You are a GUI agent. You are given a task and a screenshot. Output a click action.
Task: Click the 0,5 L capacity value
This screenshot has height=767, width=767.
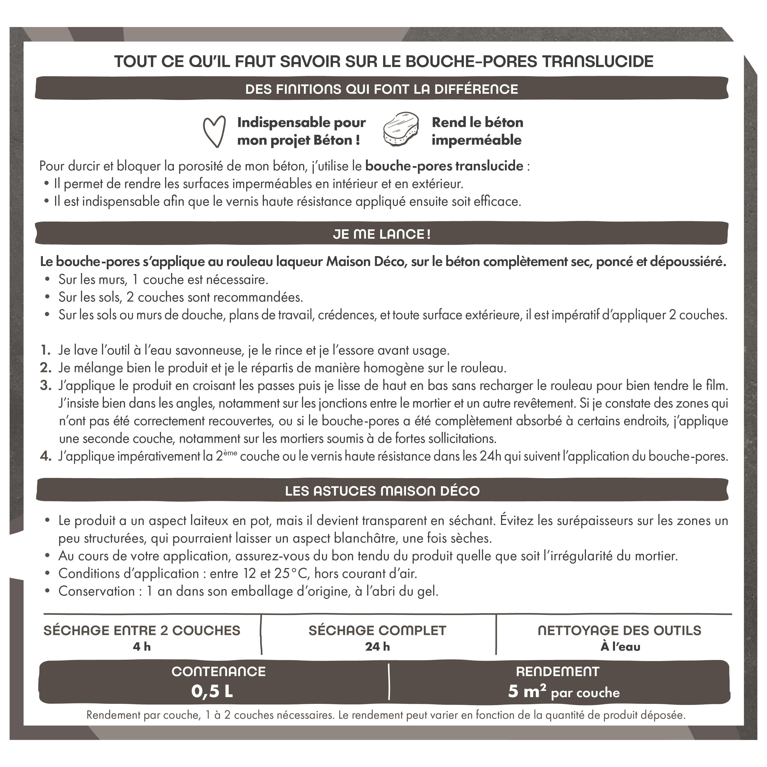tap(212, 691)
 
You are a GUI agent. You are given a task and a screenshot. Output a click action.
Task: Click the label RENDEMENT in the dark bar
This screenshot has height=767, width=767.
tap(557, 671)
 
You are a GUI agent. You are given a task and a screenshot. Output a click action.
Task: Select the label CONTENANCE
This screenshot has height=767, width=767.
tap(218, 671)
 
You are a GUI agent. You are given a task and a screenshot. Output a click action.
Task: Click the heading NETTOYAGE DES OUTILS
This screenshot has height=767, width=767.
tap(619, 630)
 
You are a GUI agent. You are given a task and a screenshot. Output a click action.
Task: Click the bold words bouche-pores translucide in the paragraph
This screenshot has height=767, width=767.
tap(444, 166)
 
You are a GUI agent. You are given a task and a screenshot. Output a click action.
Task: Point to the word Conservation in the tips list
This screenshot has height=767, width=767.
tap(96, 591)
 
